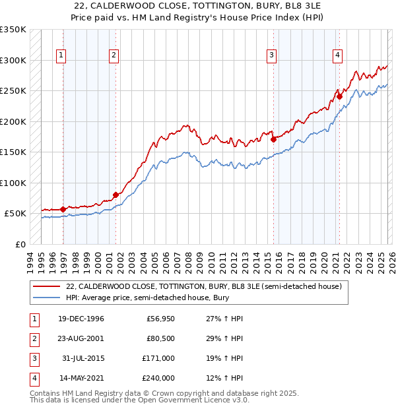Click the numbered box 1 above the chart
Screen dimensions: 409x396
pos(61,56)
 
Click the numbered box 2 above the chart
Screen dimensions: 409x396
pos(114,56)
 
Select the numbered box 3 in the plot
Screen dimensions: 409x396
pos(271,56)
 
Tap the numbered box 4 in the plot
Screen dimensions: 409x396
pos(337,56)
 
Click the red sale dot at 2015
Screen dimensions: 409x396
pos(273,139)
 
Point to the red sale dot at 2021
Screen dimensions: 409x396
pos(340,96)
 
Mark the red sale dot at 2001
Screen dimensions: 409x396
pos(115,195)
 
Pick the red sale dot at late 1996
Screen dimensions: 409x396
pos(63,209)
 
